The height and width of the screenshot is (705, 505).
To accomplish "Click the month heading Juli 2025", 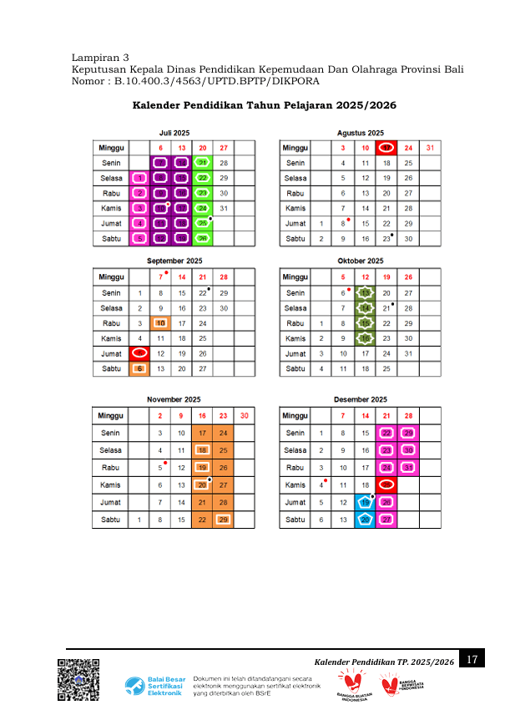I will (x=174, y=133).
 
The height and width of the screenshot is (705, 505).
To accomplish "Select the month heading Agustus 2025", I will (x=360, y=133).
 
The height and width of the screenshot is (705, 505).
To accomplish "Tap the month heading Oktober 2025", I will (x=360, y=261).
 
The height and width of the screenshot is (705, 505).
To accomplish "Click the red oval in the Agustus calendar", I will (x=386, y=148).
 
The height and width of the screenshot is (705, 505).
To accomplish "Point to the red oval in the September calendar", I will (x=139, y=353).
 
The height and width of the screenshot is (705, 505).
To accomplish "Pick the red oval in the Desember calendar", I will (x=386, y=484).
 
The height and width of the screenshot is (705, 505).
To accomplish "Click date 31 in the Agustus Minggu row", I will (x=430, y=148).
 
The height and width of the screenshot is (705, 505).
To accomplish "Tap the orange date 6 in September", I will (x=139, y=368).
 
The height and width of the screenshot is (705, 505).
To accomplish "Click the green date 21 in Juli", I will (x=202, y=163).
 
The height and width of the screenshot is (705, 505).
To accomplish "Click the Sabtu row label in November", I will (x=110, y=520).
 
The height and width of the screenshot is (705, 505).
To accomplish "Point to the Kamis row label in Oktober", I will (x=295, y=338).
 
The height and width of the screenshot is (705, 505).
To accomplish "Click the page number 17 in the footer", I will (x=472, y=660).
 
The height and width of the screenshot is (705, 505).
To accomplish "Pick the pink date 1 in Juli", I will (x=139, y=178).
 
